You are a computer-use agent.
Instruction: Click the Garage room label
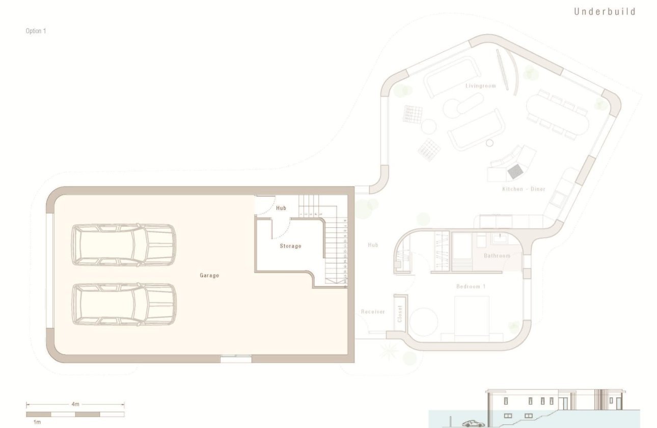pyautogui.click(x=209, y=276)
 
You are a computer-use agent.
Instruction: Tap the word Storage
pyautogui.click(x=290, y=246)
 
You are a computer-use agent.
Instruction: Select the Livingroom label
pyautogui.click(x=480, y=86)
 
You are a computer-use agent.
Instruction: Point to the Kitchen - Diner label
pyautogui.click(x=524, y=189)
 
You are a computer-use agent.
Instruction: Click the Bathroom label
pyautogui.click(x=497, y=256)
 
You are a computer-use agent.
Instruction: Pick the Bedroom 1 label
pyautogui.click(x=471, y=287)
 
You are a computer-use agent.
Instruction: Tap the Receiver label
pyautogui.click(x=373, y=312)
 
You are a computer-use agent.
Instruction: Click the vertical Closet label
pyautogui.click(x=400, y=314)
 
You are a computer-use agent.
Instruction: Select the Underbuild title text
pyautogui.click(x=605, y=12)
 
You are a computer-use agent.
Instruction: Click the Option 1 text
pyautogui.click(x=36, y=31)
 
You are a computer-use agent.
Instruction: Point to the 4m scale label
pyautogui.click(x=75, y=404)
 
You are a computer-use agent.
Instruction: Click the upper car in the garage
pyautogui.click(x=124, y=245)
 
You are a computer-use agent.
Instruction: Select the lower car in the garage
pyautogui.click(x=124, y=304)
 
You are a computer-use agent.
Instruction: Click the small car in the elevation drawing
pyautogui.click(x=474, y=423)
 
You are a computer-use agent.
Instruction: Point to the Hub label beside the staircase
pyautogui.click(x=281, y=208)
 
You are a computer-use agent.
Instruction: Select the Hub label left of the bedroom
pyautogui.click(x=373, y=245)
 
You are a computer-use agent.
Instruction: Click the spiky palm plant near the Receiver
pyautogui.click(x=389, y=351)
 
